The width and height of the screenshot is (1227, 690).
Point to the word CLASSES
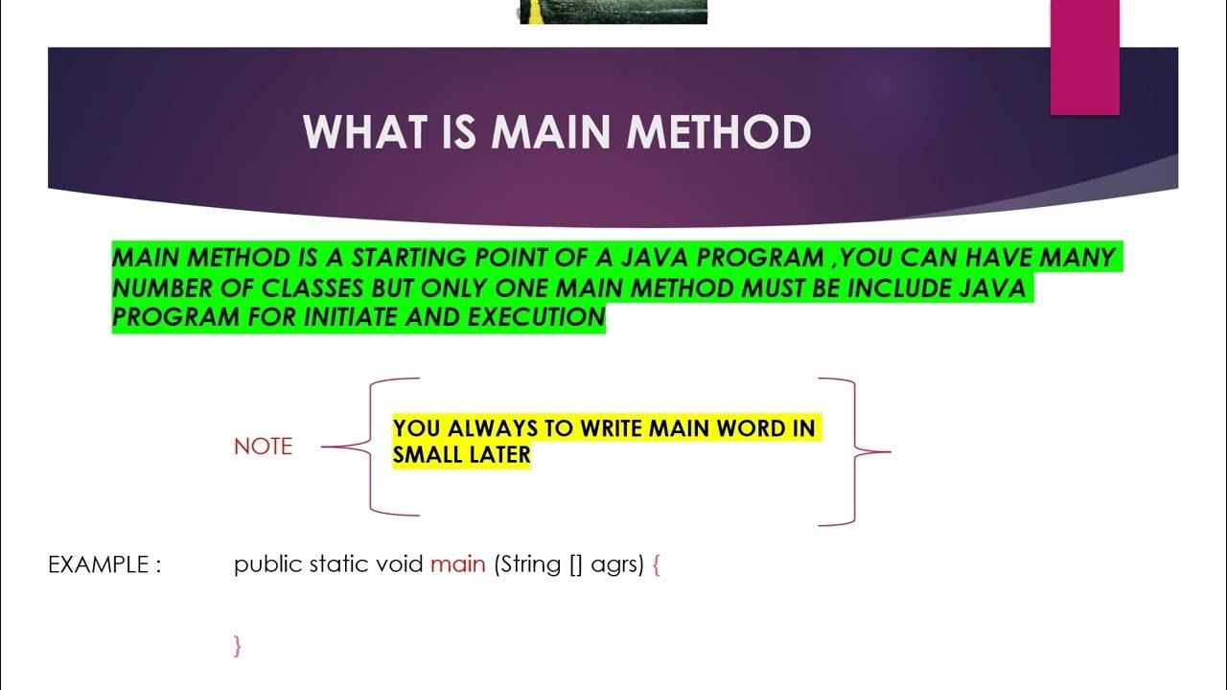[x=365, y=287]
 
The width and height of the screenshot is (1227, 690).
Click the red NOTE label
[x=263, y=447]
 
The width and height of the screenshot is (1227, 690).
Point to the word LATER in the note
[x=499, y=455]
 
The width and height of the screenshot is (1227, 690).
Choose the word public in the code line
[x=268, y=564]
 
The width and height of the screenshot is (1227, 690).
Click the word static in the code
[x=342, y=564]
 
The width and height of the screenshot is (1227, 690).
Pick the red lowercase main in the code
[x=458, y=564]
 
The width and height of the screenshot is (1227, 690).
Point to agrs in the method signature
[x=616, y=565]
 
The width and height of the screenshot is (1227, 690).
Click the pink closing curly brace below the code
[x=237, y=646]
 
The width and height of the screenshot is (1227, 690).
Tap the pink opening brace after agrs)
[x=657, y=565]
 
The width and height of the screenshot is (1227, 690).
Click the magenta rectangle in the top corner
[x=1085, y=56]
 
